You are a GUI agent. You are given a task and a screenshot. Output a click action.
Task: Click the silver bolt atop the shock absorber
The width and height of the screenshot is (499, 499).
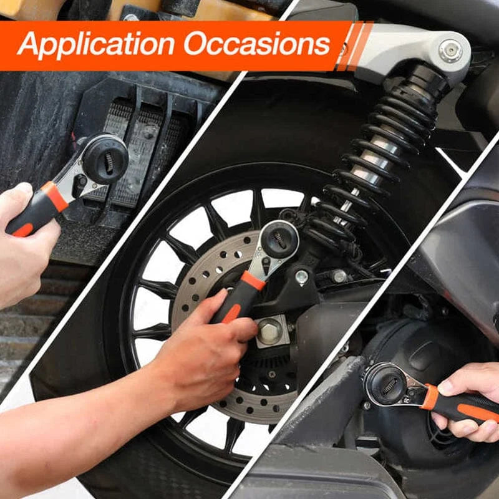coord(450,51)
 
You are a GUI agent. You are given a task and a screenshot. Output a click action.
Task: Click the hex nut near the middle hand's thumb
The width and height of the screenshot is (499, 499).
coord(270,331)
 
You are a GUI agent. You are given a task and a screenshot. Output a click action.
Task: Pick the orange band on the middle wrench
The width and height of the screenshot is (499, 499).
coord(253,280)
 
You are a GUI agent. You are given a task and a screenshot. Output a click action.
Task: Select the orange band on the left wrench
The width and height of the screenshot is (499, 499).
coord(56,196)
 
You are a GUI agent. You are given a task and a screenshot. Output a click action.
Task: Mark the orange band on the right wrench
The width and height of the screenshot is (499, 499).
coord(430,397)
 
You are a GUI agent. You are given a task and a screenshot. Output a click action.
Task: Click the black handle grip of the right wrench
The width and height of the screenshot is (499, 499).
coord(468,409)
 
